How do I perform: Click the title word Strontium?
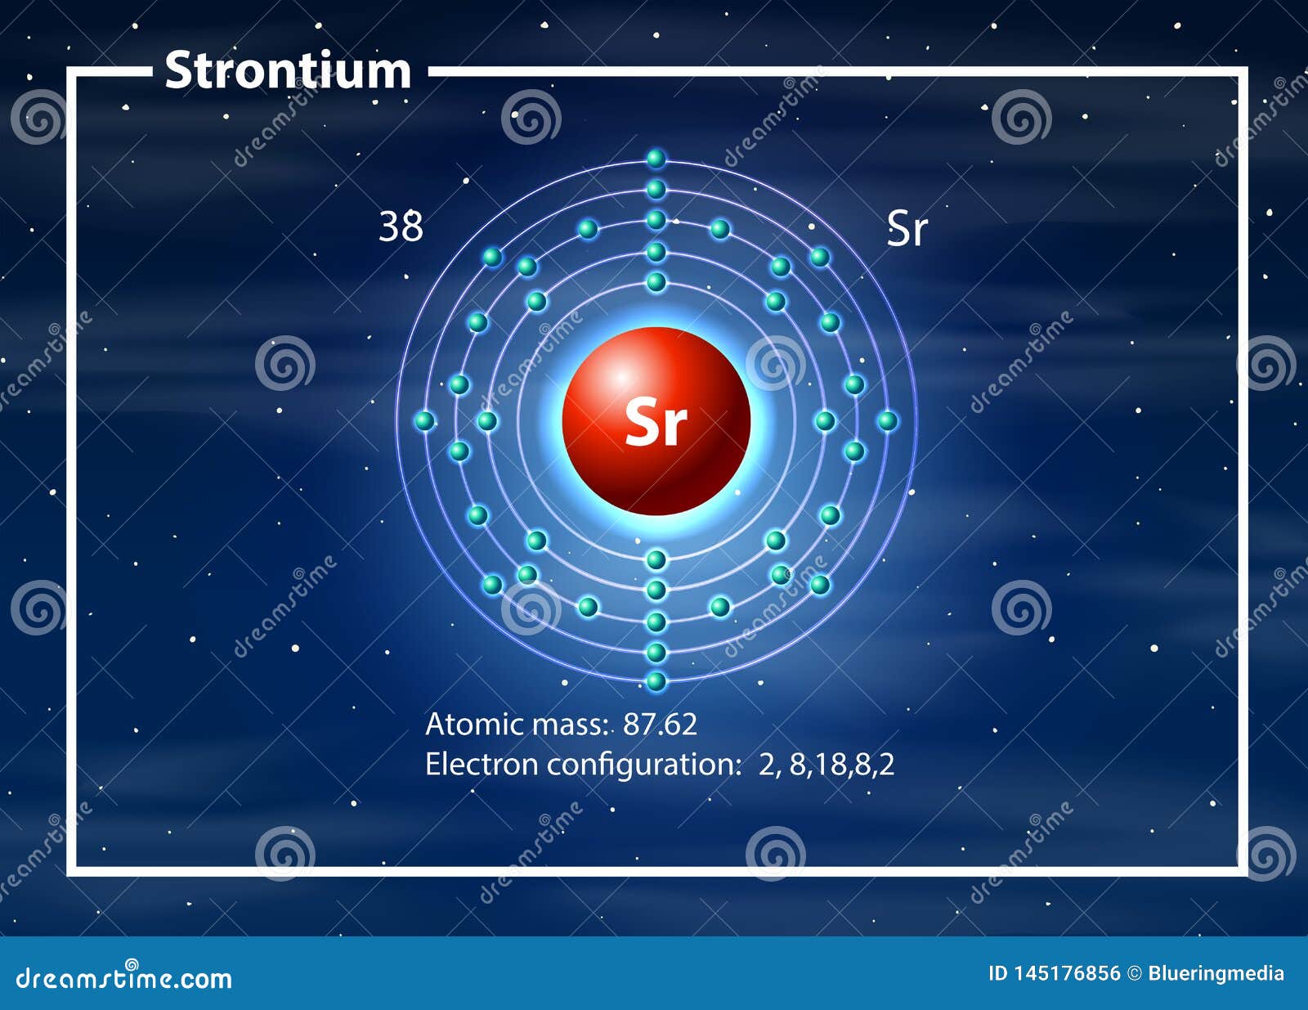(288, 71)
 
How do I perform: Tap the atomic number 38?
(401, 227)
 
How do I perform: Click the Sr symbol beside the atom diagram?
(907, 229)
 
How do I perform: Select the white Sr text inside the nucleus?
(656, 423)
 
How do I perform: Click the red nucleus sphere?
(656, 420)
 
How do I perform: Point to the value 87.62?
(660, 724)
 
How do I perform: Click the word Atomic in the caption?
(475, 724)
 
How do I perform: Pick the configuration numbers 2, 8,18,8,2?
(826, 765)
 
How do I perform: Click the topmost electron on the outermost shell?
(656, 159)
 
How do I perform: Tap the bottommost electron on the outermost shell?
(656, 682)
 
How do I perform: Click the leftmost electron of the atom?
(425, 420)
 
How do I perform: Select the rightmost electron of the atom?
(887, 420)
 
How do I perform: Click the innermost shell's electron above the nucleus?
(656, 281)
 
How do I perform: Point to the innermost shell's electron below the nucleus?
(656, 559)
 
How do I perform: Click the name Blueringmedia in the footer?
(1216, 975)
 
